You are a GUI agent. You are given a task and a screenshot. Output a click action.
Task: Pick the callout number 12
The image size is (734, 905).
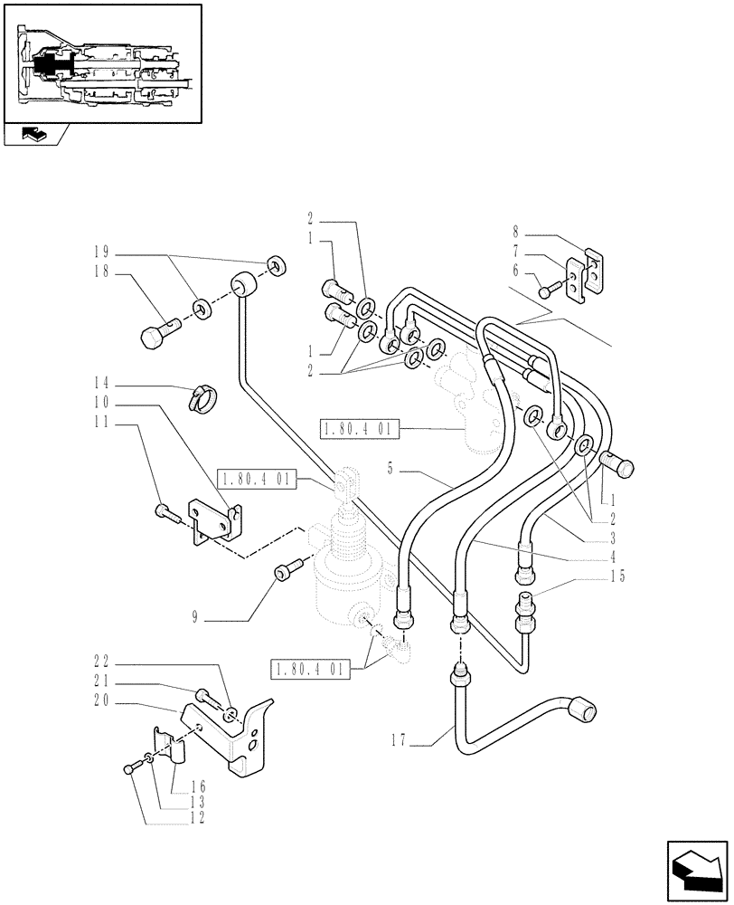pos(195,817)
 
